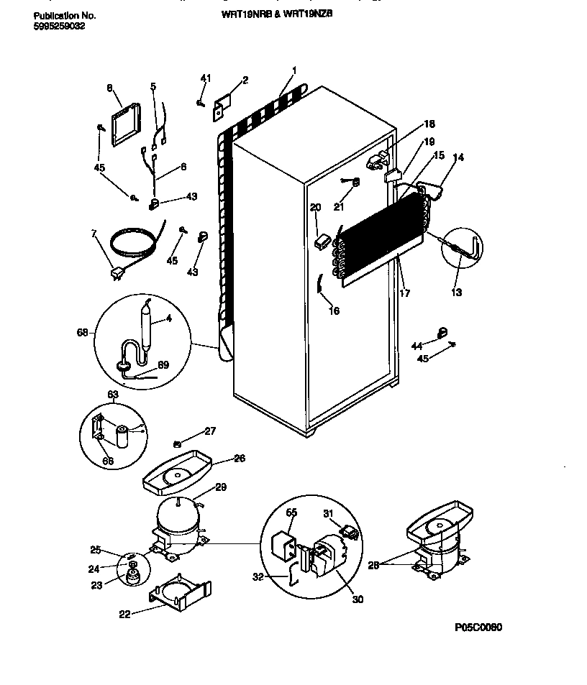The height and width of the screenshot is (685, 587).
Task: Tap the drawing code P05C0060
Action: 478,627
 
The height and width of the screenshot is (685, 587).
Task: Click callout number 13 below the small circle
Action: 458,292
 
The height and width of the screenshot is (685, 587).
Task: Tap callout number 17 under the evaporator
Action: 406,293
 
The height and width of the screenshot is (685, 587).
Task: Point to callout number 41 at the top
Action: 206,78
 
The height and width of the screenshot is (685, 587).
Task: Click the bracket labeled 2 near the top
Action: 221,106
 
